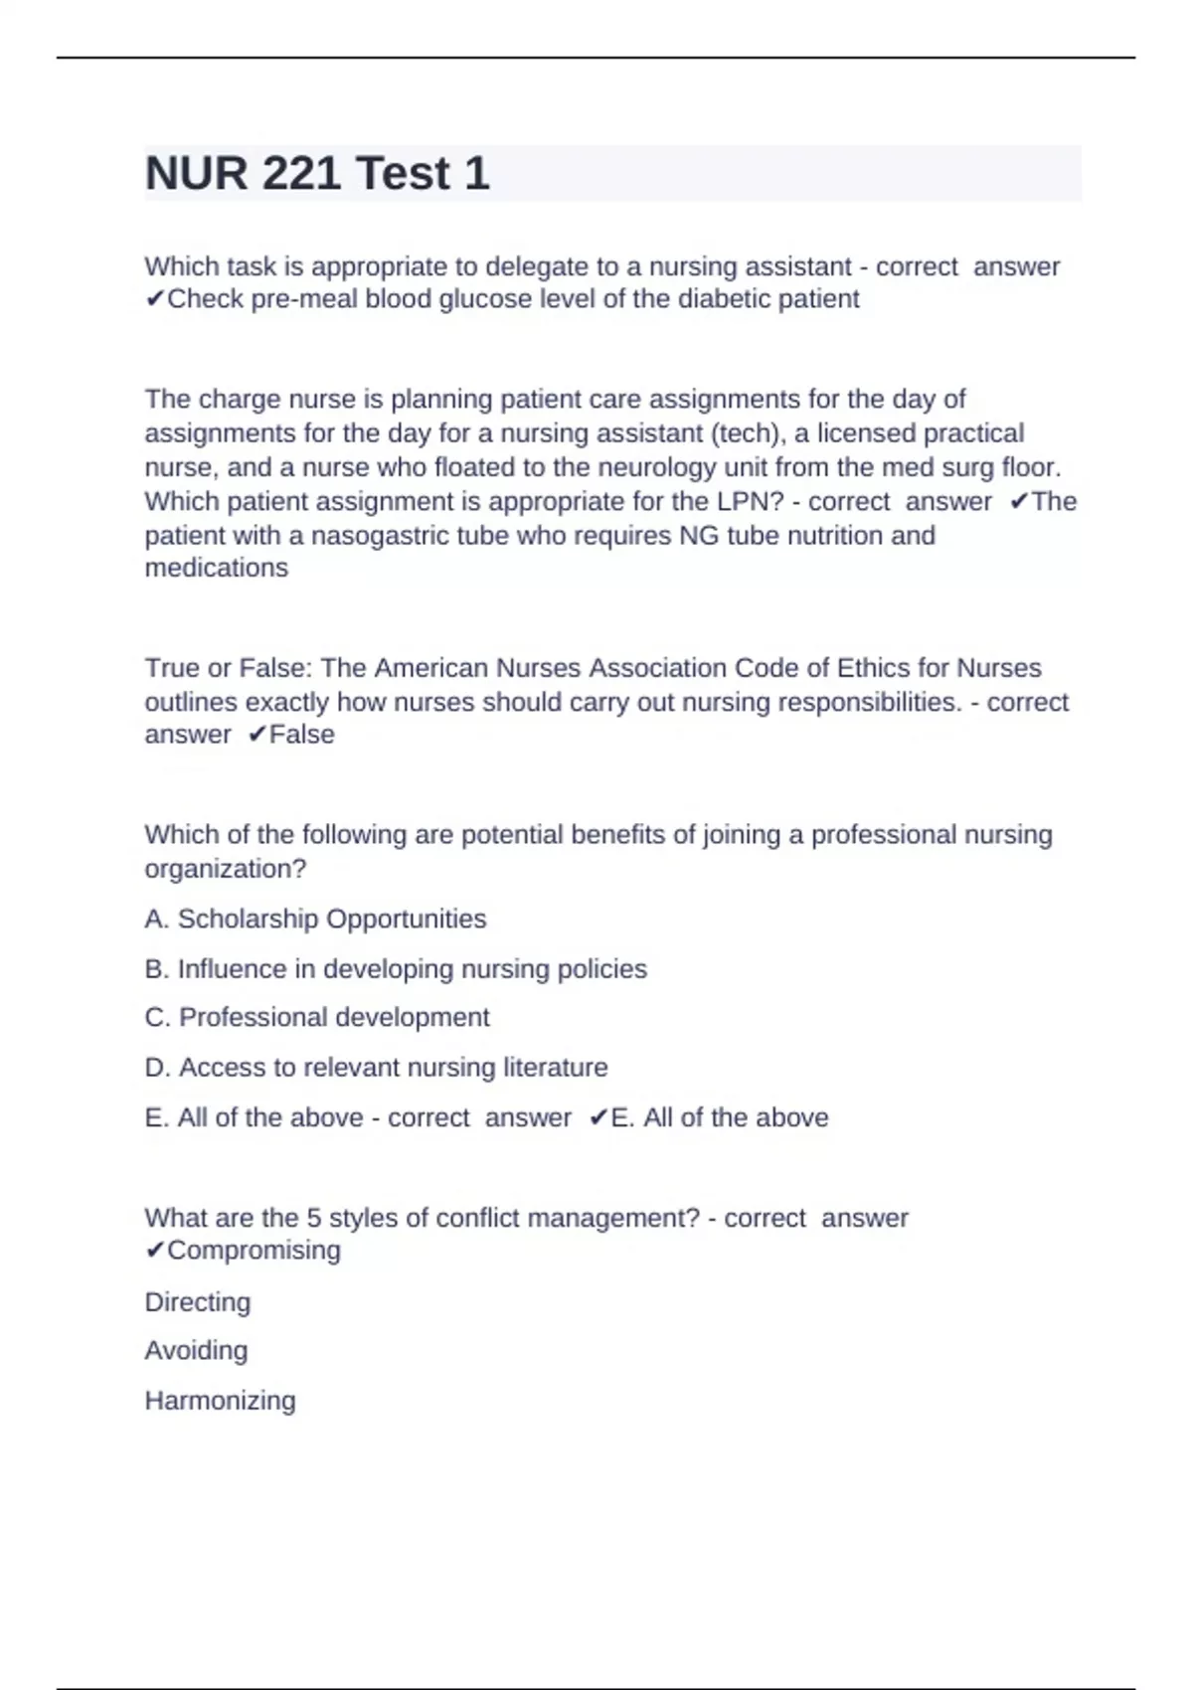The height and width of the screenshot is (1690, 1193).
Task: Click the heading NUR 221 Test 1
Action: (x=317, y=174)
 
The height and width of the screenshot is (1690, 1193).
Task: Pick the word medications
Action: (x=217, y=568)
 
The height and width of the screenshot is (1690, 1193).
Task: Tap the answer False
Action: (x=302, y=735)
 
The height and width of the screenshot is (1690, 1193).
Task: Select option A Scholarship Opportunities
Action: (x=315, y=919)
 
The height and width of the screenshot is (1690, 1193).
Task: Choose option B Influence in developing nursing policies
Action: (x=396, y=968)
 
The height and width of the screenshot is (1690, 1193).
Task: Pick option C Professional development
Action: (x=317, y=1017)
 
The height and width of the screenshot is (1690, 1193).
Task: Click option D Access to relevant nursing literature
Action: (x=376, y=1067)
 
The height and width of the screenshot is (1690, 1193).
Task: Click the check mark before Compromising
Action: (x=154, y=1251)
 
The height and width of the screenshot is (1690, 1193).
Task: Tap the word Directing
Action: (x=198, y=1302)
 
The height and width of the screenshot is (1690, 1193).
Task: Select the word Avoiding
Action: (x=196, y=1350)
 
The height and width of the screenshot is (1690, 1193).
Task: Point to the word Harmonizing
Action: (x=220, y=1401)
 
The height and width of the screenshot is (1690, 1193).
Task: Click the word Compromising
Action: (x=254, y=1251)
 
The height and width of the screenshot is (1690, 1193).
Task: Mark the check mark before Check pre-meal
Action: (x=154, y=299)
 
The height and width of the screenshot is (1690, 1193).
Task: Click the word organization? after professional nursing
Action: (x=226, y=869)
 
